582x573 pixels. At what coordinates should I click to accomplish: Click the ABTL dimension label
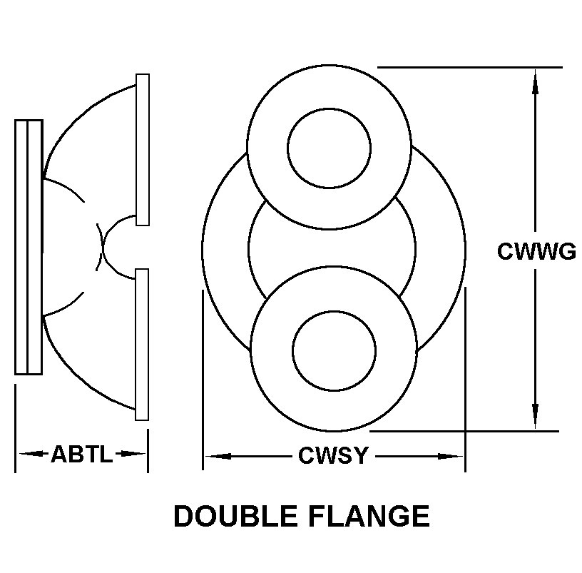pyautogui.click(x=81, y=454)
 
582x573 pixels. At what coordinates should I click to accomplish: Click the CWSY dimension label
pyautogui.click(x=333, y=456)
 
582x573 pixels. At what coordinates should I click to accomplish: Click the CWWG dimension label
pyautogui.click(x=537, y=251)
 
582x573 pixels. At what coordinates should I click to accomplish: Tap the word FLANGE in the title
pyautogui.click(x=369, y=516)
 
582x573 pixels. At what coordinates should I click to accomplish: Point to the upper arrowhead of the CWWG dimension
pyautogui.click(x=535, y=81)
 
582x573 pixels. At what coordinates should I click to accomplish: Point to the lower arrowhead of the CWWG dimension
pyautogui.click(x=535, y=416)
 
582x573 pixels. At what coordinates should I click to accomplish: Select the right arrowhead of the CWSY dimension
pyautogui.click(x=450, y=457)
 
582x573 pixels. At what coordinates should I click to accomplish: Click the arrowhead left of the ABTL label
pyautogui.click(x=31, y=454)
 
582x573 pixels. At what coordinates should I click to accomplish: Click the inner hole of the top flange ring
pyautogui.click(x=330, y=148)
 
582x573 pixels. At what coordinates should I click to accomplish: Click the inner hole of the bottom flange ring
pyautogui.click(x=334, y=351)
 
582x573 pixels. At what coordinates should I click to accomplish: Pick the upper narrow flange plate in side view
pyautogui.click(x=143, y=150)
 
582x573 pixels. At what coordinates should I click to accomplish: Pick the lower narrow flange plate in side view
pyautogui.click(x=142, y=345)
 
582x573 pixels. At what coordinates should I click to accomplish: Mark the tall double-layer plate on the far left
pyautogui.click(x=29, y=248)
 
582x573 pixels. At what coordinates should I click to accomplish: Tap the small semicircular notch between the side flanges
pyautogui.click(x=103, y=247)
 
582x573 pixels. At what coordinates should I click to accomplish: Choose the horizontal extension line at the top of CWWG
pyautogui.click(x=470, y=68)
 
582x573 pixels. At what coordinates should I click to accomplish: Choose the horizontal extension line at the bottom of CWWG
pyautogui.click(x=464, y=431)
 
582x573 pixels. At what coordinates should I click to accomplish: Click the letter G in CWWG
pyautogui.click(x=566, y=251)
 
